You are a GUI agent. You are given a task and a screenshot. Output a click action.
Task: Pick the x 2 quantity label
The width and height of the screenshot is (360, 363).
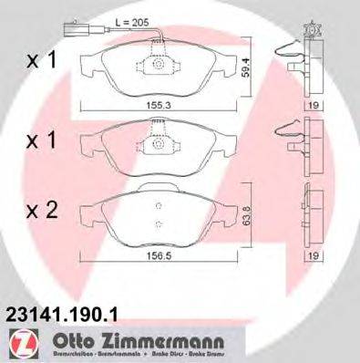click(41, 212)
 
